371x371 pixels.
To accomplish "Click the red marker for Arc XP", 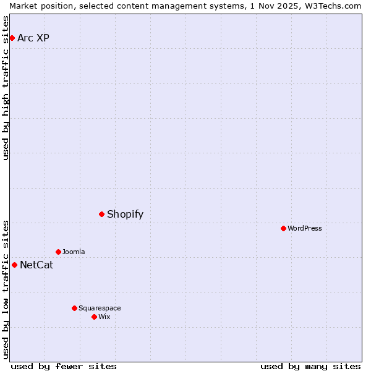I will tap(12, 38).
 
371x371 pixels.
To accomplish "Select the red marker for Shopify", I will tap(102, 215).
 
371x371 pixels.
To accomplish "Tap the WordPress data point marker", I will tap(283, 229).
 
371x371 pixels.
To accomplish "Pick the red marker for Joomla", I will tap(59, 252).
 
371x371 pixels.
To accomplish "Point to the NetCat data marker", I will tap(14, 265).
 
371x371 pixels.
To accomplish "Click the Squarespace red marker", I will tap(74, 308).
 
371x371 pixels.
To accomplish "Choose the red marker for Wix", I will tap(94, 317).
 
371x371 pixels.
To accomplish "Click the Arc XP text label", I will tap(33, 38).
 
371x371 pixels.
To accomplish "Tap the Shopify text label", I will tap(125, 215).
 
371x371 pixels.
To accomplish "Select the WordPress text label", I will tap(305, 229).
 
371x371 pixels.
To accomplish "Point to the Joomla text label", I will tap(74, 252).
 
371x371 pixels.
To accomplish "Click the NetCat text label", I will tap(36, 265).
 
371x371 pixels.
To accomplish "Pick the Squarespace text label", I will tap(100, 308).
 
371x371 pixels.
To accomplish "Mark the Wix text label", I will tap(104, 317).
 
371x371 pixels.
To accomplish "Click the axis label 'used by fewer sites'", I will tap(64, 366).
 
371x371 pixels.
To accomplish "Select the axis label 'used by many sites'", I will tap(310, 366).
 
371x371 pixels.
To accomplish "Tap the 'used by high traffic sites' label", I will tap(6, 88).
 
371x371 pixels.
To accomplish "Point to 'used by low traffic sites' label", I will tap(6, 289).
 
